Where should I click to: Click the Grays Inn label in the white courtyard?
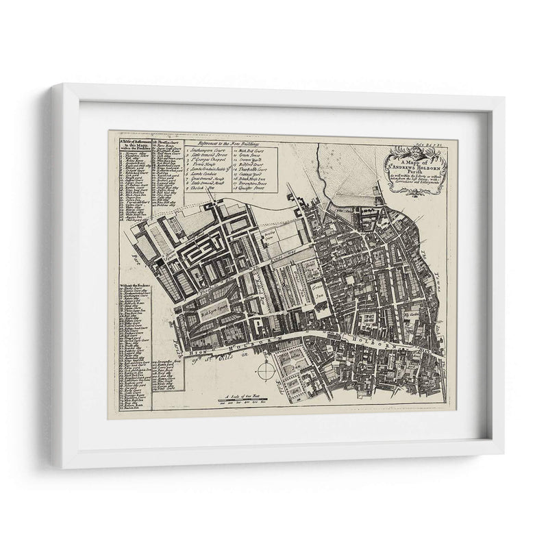(x=317, y=291)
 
